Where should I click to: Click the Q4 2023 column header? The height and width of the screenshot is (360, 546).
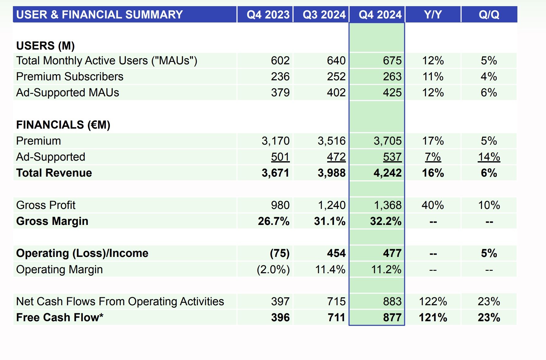click(268, 14)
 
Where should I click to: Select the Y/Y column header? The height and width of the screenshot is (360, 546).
click(433, 14)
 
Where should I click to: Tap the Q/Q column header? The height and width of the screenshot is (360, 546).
click(489, 14)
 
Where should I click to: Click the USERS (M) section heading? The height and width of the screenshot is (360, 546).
click(46, 46)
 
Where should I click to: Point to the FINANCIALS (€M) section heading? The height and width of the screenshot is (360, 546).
click(63, 125)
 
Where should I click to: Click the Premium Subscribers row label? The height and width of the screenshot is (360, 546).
click(70, 77)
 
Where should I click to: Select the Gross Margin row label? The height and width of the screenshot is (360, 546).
click(52, 221)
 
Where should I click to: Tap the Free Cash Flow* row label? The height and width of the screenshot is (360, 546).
click(60, 317)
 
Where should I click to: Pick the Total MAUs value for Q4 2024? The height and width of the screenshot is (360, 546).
click(392, 61)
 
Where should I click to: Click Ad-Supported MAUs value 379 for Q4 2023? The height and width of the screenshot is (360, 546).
click(280, 93)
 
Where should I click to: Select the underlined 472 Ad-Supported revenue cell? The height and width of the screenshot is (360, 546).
click(336, 157)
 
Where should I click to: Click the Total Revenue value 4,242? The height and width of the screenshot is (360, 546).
click(387, 173)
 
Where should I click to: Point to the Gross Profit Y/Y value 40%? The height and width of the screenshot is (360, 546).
click(433, 205)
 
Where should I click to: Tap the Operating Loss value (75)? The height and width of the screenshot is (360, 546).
click(279, 253)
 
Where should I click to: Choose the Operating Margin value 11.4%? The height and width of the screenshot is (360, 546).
click(330, 270)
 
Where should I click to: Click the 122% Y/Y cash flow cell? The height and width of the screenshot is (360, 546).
click(433, 302)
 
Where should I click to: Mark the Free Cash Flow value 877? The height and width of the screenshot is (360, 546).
click(392, 318)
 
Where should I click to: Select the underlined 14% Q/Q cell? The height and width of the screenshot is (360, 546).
click(489, 157)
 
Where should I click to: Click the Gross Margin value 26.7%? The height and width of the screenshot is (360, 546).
click(274, 221)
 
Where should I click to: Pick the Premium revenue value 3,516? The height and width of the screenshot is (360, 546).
click(331, 141)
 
